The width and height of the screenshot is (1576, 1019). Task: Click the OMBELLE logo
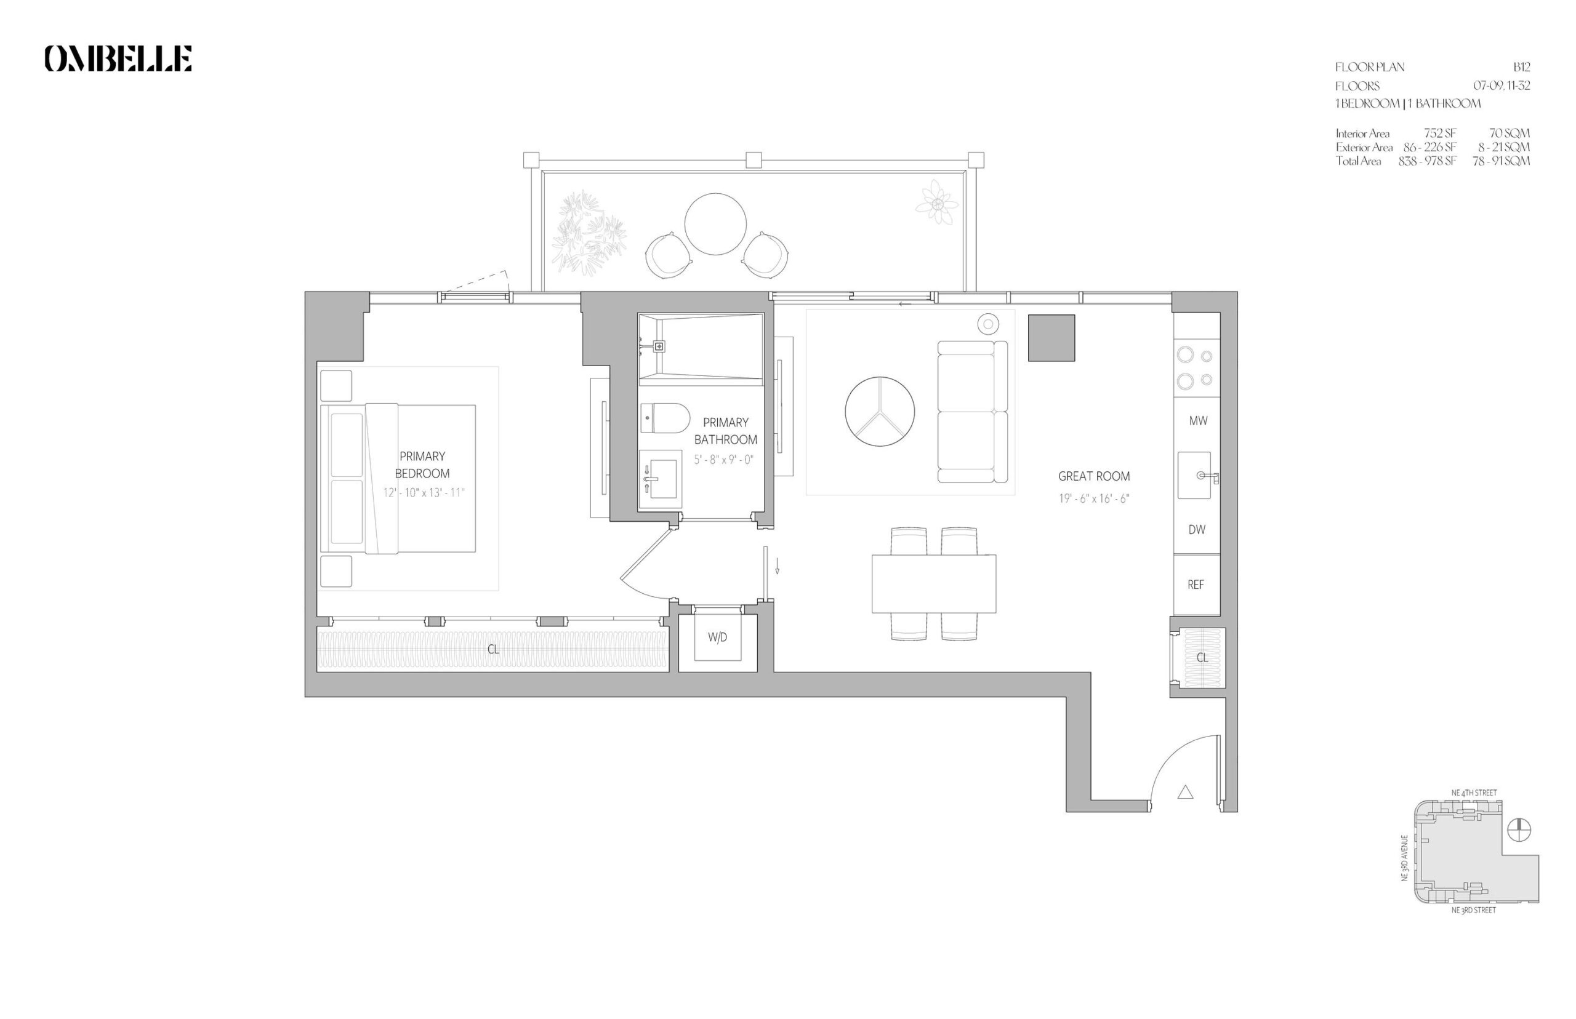coord(118,58)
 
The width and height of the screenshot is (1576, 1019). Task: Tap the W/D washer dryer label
coord(717,637)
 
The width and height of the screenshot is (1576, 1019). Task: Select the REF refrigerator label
coord(1196,585)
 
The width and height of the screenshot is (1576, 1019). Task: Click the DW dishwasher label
coord(1197,529)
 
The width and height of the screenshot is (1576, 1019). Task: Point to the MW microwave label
coord(1198,421)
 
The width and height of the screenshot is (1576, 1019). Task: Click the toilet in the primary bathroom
coord(664,418)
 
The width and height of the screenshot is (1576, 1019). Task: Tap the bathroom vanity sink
coord(660,473)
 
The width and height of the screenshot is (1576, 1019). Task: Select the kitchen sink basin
coord(1194,475)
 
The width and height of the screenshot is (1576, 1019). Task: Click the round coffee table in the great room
coord(880,411)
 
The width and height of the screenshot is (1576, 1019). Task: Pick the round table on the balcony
coord(715,225)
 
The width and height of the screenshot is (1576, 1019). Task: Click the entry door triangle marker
coord(1185,791)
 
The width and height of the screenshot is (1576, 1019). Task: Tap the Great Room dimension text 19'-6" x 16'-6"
coord(1093,498)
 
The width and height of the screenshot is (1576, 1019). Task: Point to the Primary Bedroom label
coord(422,465)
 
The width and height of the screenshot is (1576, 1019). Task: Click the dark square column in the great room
coord(1051,338)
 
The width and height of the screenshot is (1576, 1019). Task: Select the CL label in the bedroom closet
coord(493,650)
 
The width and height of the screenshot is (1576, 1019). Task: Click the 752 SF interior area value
coord(1441,133)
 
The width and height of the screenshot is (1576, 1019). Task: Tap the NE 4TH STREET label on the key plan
coord(1474,793)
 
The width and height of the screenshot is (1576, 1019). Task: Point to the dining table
coord(933,583)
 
